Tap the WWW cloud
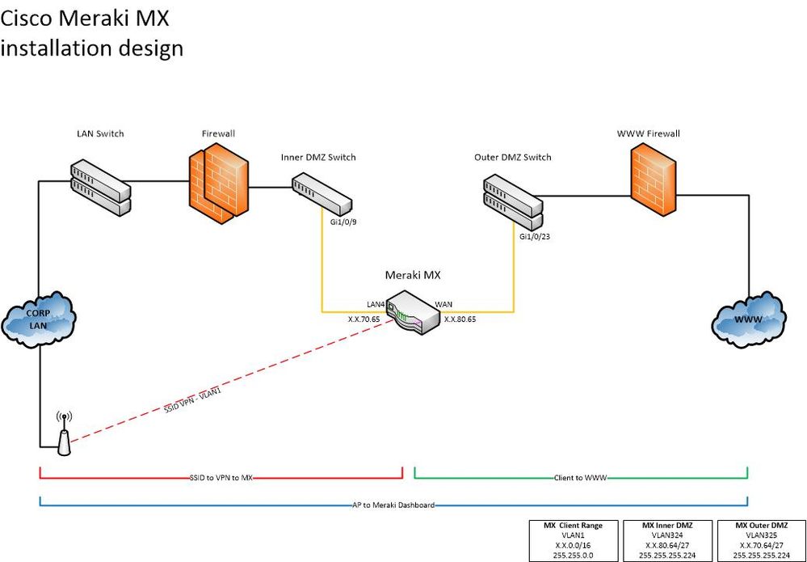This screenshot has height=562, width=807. pyautogui.click(x=749, y=322)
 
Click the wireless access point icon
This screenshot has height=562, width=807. pyautogui.click(x=64, y=435)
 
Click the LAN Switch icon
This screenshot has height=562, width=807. pyautogui.click(x=100, y=188)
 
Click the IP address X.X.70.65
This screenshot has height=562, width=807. pyautogui.click(x=365, y=319)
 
